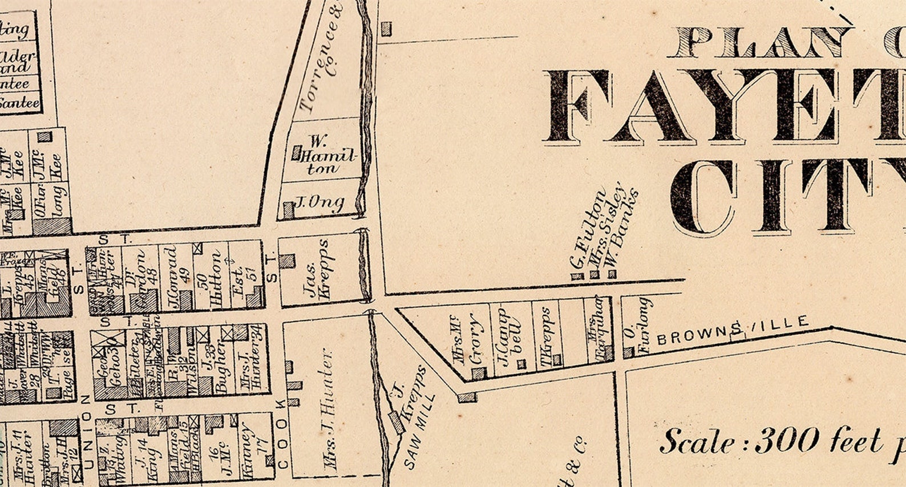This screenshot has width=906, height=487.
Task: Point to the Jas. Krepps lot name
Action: [x=318, y=269]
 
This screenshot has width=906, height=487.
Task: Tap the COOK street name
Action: [x=281, y=433]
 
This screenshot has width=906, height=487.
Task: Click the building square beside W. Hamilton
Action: [x=296, y=153]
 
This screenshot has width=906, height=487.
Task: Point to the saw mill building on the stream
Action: [x=395, y=421]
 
